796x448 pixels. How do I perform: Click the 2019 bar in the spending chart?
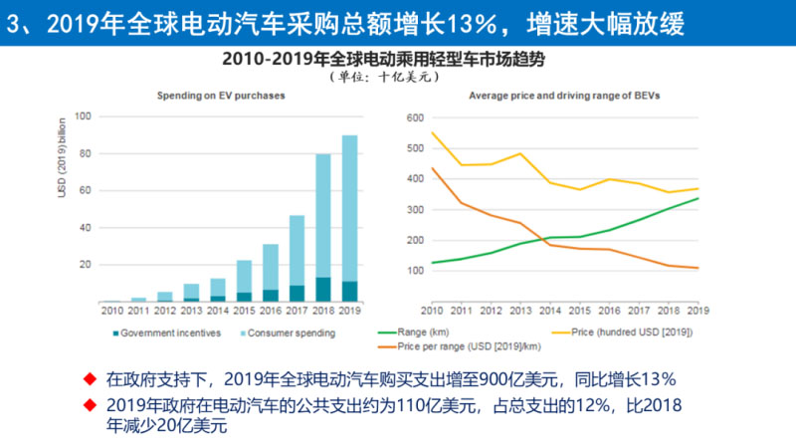coord(350,219)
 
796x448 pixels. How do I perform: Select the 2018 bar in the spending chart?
coord(323,228)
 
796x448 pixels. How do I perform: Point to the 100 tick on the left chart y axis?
coord(85,116)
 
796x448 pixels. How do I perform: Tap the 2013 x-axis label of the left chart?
coord(191,313)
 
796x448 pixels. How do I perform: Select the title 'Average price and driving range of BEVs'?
coord(564,95)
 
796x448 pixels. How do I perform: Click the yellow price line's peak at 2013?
coord(519,153)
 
